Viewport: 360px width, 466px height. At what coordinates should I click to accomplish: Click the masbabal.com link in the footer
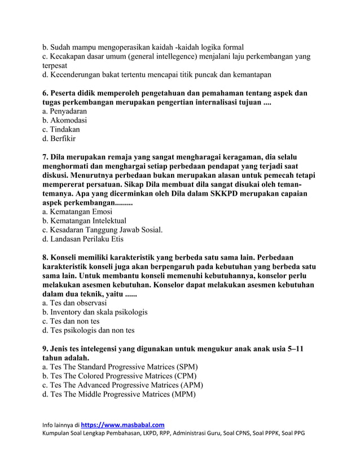click(122, 424)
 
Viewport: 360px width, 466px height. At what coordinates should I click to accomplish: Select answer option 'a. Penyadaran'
click(64, 111)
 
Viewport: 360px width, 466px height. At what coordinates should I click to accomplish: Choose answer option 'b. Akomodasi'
click(64, 120)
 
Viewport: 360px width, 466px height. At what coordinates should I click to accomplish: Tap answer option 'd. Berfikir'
click(59, 138)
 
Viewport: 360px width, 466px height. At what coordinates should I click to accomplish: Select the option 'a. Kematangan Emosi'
click(77, 212)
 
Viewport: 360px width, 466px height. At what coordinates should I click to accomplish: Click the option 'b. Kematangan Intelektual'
click(84, 221)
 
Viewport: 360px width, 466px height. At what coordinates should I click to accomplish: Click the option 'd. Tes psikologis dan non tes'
click(89, 330)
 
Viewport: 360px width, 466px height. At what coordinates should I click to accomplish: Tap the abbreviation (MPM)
click(184, 394)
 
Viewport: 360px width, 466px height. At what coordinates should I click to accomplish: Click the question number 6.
click(46, 93)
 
